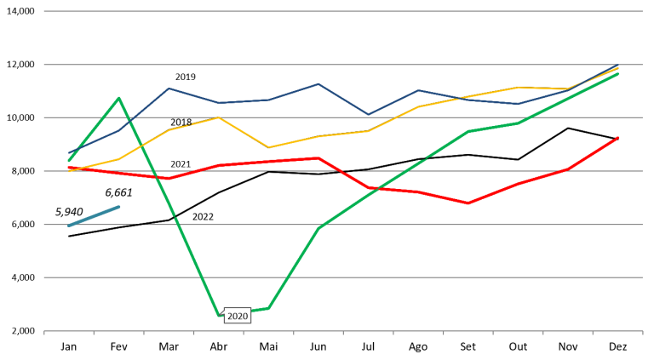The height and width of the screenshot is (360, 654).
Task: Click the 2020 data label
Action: [x=237, y=317]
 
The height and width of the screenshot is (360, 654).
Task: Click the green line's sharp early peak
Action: [x=119, y=98]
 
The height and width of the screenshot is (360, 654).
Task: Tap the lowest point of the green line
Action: [x=220, y=316]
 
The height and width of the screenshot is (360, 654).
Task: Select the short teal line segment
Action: [x=94, y=216]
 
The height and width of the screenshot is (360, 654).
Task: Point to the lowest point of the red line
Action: [x=468, y=203]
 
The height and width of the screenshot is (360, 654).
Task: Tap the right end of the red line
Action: [x=618, y=137]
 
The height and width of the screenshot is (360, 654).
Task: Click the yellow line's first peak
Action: [x=219, y=117]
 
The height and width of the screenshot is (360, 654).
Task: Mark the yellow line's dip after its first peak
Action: [x=269, y=147]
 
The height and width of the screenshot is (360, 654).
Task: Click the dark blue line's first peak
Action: [x=169, y=89]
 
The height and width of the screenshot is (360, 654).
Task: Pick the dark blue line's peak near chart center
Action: [x=318, y=83]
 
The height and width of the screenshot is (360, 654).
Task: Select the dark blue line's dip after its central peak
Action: [x=368, y=114]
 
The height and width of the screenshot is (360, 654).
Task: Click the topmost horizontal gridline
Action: [x=341, y=11]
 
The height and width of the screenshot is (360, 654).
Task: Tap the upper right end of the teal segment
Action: [x=119, y=206]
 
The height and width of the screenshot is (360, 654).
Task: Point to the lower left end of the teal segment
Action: [x=69, y=226]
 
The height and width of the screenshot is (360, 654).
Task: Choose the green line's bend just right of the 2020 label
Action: [x=269, y=308]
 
